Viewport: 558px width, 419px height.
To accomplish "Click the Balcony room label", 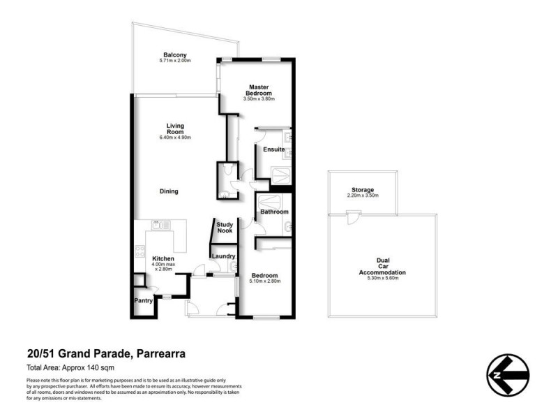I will pyautogui.click(x=174, y=54).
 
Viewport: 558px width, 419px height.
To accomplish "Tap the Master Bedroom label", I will pyautogui.click(x=259, y=90).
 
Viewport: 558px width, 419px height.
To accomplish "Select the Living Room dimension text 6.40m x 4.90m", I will pyautogui.click(x=174, y=138).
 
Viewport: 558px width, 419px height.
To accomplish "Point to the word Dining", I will pyautogui.click(x=169, y=191).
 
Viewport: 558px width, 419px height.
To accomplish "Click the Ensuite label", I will pyautogui.click(x=273, y=149).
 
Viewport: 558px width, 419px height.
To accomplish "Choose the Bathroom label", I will pyautogui.click(x=274, y=212).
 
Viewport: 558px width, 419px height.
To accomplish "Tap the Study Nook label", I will pyautogui.click(x=225, y=227).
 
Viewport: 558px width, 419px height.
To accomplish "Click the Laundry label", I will pyautogui.click(x=223, y=256).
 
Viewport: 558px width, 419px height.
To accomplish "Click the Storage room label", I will pyautogui.click(x=362, y=189).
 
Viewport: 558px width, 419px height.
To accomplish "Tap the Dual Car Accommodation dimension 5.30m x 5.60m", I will pyautogui.click(x=382, y=277).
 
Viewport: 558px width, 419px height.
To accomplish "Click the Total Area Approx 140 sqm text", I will pyautogui.click(x=70, y=367).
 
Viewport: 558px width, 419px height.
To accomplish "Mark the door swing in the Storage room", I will pyautogui.click(x=353, y=219).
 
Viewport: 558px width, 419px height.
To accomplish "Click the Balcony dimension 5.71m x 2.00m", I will pyautogui.click(x=174, y=61).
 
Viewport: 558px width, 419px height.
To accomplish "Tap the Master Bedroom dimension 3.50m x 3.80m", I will pyautogui.click(x=259, y=99).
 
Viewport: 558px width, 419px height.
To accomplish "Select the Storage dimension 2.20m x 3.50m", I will pyautogui.click(x=362, y=196).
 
